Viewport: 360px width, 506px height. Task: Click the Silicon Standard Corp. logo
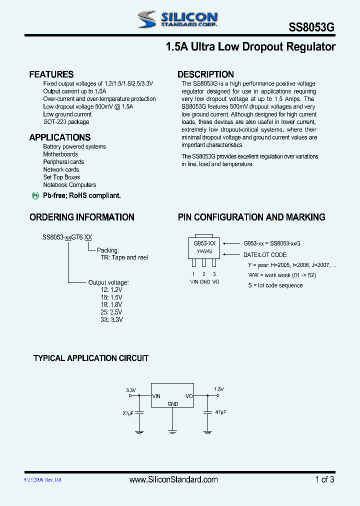177,19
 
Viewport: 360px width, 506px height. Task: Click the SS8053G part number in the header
311,28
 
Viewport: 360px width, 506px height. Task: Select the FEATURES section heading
51,74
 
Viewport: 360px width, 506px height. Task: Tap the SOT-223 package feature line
66,122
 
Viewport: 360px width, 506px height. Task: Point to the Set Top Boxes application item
61,177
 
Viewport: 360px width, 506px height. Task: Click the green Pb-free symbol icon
35,196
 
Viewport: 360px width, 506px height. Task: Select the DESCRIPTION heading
205,74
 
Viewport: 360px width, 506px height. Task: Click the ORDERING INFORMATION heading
81,217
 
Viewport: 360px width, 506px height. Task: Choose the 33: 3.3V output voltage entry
111,319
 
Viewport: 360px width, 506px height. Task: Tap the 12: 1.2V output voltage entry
111,289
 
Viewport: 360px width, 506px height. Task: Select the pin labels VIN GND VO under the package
204,281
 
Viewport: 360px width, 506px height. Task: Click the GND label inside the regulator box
172,403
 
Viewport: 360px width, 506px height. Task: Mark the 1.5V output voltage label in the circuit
219,389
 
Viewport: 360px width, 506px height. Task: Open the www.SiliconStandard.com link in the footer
173,479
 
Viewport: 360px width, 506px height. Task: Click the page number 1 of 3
324,479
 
